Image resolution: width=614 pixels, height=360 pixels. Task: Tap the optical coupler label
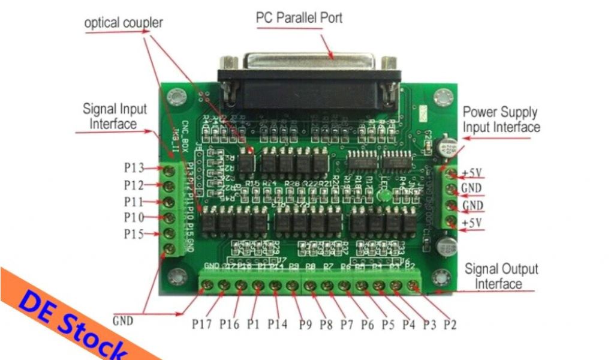tap(124, 23)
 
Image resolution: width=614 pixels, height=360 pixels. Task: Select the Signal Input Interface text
tap(114, 116)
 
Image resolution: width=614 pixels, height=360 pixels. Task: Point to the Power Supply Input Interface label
tap(501, 119)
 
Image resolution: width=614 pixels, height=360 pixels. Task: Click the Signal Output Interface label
tap(501, 276)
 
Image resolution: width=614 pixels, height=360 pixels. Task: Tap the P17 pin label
tap(203, 325)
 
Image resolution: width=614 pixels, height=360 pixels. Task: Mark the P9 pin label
tap(306, 325)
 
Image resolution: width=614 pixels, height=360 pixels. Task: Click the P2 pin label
tap(450, 325)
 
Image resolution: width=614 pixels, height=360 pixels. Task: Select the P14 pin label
tap(278, 325)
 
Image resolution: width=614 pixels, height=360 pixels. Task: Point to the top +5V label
tap(472, 175)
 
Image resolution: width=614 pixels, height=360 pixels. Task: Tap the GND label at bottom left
tap(124, 320)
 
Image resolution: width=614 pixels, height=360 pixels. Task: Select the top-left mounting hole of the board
tap(177, 95)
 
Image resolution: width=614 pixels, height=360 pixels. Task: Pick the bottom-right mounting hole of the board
tap(442, 277)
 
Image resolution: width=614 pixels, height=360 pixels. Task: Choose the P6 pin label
tap(368, 325)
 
